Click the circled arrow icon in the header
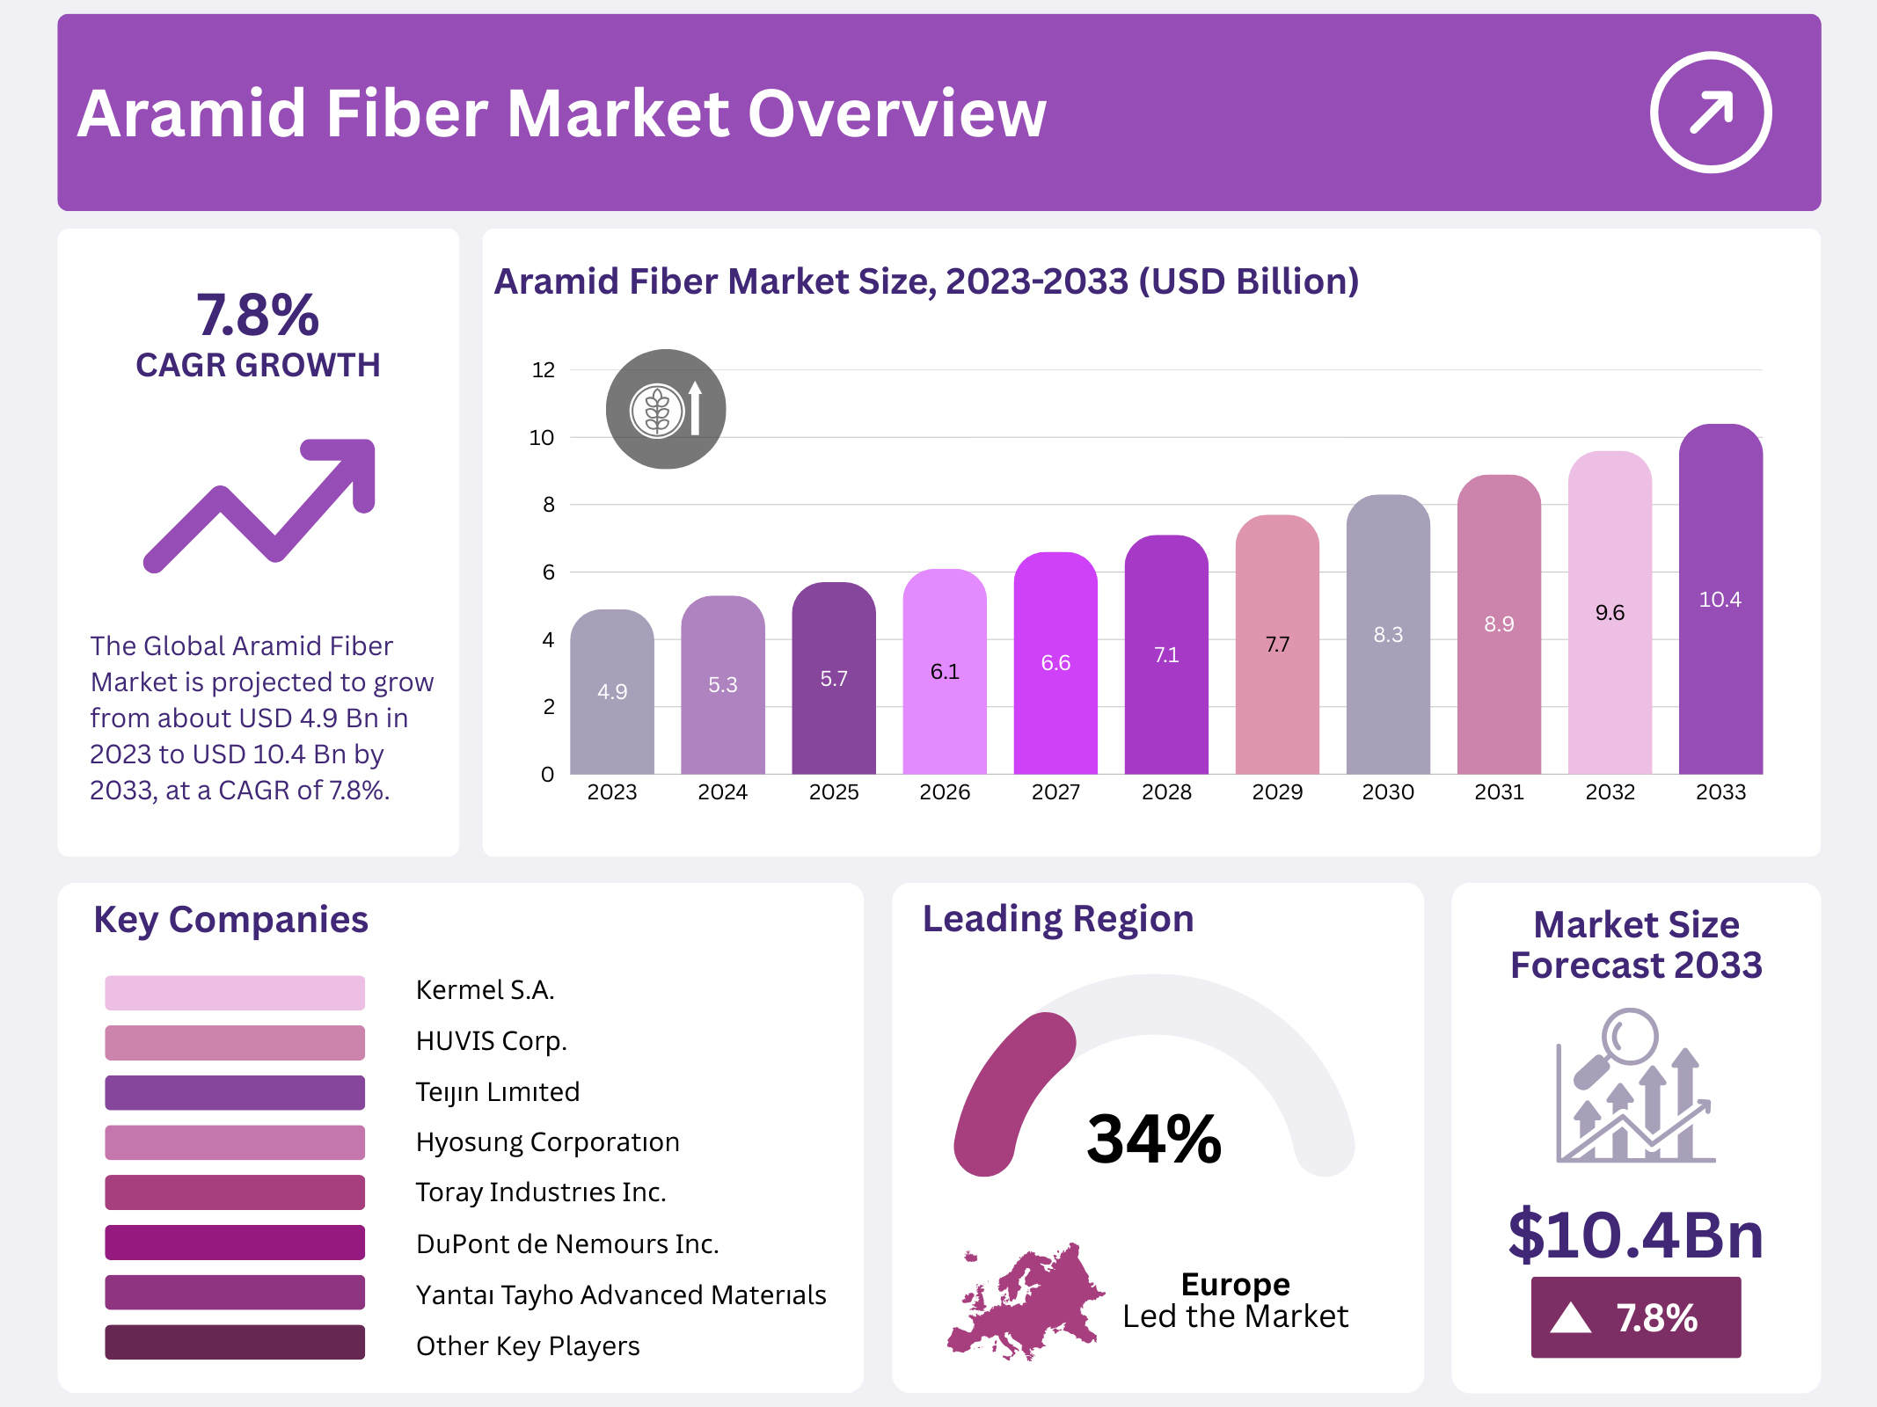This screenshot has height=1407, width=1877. click(x=1710, y=113)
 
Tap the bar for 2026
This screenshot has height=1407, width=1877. click(x=944, y=677)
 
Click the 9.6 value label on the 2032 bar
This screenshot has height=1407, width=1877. click(x=1610, y=613)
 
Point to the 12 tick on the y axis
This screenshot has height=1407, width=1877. click(x=544, y=370)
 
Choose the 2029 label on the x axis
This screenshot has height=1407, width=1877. click(x=1277, y=792)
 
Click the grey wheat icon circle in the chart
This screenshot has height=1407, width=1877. click(x=666, y=410)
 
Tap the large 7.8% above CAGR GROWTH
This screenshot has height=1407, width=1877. click(x=258, y=315)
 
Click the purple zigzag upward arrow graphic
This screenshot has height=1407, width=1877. click(x=260, y=505)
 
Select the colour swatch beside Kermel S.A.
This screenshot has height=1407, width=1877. click(x=235, y=992)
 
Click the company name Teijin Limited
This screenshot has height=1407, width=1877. click(x=497, y=1092)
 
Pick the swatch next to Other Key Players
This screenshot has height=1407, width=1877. click(x=235, y=1342)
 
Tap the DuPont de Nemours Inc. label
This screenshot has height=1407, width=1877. click(x=567, y=1243)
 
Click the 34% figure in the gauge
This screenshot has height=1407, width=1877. click(x=1154, y=1140)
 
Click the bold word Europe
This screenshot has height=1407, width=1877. click(x=1235, y=1284)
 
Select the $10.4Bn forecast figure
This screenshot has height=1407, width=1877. click(x=1635, y=1235)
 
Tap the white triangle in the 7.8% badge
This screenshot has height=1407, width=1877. click(x=1571, y=1317)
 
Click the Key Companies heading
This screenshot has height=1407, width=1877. click(x=230, y=920)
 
